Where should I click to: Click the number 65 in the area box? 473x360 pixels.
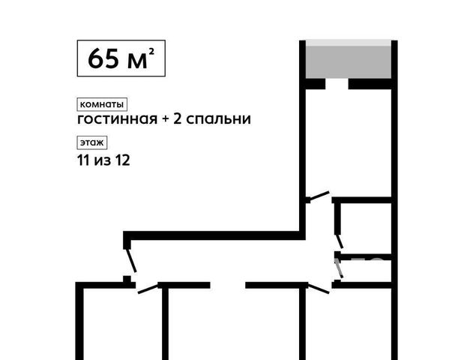tap(103, 58)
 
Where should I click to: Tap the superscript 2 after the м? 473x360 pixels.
tap(151, 52)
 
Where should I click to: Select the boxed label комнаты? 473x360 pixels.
tap(102, 104)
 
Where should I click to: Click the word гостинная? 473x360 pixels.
tap(118, 119)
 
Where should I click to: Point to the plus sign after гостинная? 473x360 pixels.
tap(165, 119)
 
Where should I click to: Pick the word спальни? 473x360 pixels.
tap(218, 119)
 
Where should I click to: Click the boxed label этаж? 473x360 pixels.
tap(92, 142)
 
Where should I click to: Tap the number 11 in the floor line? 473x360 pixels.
tap(83, 160)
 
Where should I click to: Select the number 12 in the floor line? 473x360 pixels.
tap(122, 160)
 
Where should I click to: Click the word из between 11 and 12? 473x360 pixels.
tap(103, 161)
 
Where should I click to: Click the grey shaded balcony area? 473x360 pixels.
tap(349, 61)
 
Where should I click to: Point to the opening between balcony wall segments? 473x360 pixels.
tap(337, 84)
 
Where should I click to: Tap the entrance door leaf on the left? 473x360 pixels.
tap(131, 261)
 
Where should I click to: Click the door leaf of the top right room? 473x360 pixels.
tap(319, 196)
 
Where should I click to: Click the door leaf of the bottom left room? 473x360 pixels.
tap(148, 289)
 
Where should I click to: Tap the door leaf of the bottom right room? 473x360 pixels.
tap(319, 289)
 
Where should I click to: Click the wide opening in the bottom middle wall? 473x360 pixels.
tap(228, 285)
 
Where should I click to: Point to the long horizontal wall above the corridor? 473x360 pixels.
tap(214, 235)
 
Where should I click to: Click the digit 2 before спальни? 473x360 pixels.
tap(177, 119)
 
